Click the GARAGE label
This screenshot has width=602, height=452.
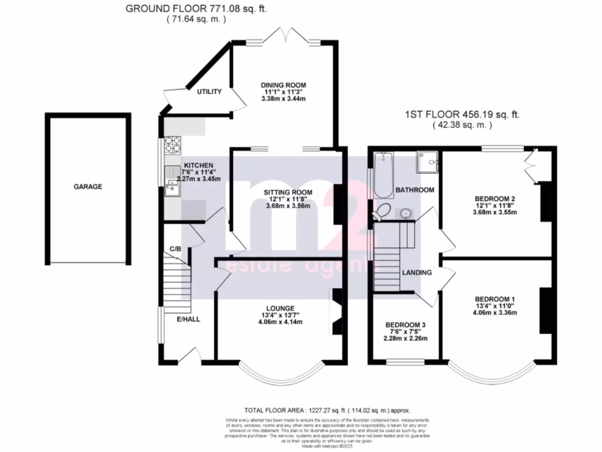[x=88, y=187]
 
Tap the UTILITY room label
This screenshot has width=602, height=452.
[x=209, y=92]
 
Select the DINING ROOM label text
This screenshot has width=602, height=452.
[x=283, y=85]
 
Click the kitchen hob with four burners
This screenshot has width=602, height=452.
[x=173, y=144]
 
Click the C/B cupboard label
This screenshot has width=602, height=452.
[x=175, y=249]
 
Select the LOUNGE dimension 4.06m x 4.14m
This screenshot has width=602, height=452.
[x=283, y=321]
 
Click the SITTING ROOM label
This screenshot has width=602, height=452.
[x=287, y=192]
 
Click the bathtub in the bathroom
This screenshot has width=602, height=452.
[x=383, y=174]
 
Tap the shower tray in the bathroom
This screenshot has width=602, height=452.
[x=427, y=162]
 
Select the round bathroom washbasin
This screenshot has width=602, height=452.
[x=406, y=212]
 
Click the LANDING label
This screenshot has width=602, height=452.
[x=417, y=272]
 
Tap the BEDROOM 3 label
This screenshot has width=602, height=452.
[x=406, y=325]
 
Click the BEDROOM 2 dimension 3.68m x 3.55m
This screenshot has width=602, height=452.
[x=495, y=212]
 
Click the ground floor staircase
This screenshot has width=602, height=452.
[x=177, y=288]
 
